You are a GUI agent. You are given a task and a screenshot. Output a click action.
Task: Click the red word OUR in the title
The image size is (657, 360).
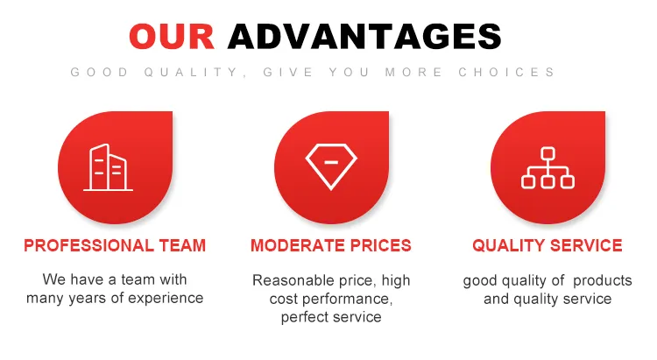(173, 36)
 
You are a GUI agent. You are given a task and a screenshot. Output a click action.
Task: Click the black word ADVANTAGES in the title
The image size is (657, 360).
(364, 36)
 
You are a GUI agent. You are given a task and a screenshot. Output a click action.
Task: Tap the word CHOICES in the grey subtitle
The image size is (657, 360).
(506, 73)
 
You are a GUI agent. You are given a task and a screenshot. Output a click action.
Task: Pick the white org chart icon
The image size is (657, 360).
(547, 167)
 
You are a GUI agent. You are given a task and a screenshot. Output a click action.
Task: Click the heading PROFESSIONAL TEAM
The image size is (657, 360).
(115, 246)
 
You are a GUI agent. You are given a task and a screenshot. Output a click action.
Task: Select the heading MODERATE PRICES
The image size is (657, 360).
(331, 246)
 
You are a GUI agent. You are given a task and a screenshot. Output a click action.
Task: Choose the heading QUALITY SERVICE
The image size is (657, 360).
(547, 246)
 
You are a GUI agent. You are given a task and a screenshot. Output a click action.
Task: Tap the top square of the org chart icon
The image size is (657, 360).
(547, 153)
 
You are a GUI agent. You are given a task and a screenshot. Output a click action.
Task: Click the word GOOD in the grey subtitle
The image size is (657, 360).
(99, 73)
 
